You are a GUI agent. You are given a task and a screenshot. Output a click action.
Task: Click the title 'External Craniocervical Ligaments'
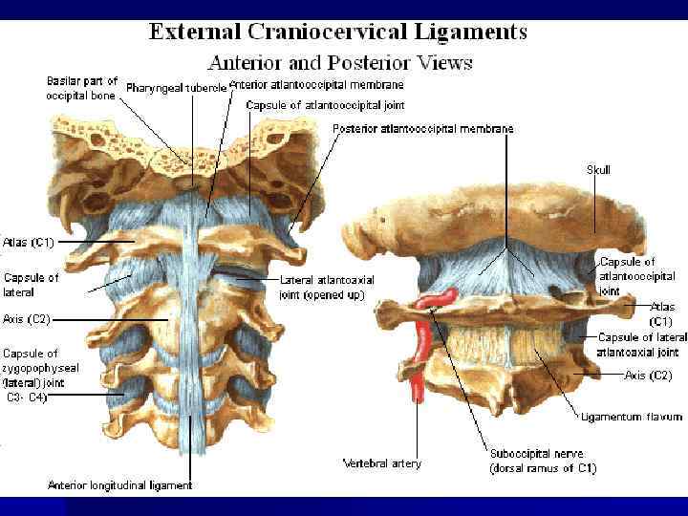point(337,32)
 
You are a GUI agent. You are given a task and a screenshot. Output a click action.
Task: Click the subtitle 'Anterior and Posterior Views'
point(339,63)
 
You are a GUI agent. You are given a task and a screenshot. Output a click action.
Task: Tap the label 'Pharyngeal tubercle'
point(178,88)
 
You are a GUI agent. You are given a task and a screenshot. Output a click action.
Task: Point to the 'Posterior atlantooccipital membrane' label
point(422,128)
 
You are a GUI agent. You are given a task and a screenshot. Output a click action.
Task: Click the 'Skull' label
point(598,169)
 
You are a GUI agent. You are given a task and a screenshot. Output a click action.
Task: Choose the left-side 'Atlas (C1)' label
point(30,243)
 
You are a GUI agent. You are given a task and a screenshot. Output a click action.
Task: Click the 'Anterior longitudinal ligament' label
point(120,485)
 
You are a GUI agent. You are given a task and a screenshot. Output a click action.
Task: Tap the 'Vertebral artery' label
point(381,463)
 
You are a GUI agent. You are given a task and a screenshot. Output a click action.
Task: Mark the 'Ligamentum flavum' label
point(632,417)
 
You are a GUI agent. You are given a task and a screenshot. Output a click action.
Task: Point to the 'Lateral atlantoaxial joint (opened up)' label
point(327,287)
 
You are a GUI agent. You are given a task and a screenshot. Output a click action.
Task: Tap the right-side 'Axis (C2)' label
point(647,376)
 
